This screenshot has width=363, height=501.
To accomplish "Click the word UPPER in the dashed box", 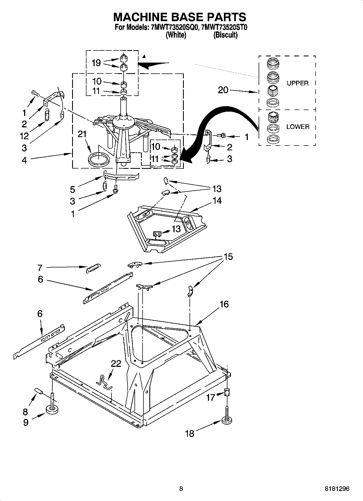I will pos(297,83).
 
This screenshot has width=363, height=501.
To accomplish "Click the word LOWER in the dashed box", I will pos(298,127).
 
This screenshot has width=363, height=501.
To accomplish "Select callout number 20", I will pos(223,90).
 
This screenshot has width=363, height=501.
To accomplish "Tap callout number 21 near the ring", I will pos(82,134).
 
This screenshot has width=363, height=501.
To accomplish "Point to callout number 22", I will pos(116,363).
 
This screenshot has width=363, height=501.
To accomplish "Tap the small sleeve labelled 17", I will pos(227,392).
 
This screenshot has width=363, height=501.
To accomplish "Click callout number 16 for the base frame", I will pos(224,304).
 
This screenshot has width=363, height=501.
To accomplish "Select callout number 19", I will pos(96,63).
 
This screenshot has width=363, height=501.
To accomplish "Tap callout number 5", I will pos(73,189).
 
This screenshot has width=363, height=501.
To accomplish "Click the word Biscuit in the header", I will pos(225,35).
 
